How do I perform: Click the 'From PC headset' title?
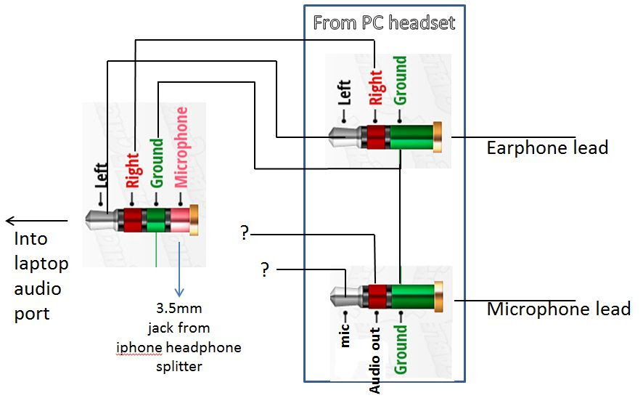click(384, 23)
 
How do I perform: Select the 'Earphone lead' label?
click(546, 148)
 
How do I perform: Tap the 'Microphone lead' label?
click(558, 309)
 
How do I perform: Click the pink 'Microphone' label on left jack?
click(181, 147)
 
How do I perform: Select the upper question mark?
click(245, 234)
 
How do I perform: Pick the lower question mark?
click(265, 270)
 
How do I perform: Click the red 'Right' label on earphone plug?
click(375, 87)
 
